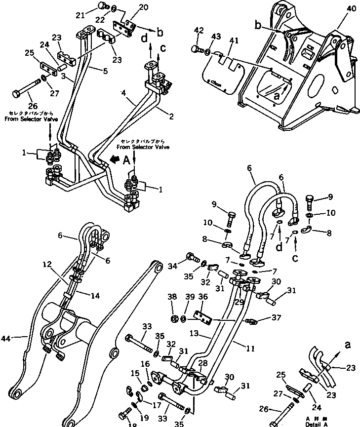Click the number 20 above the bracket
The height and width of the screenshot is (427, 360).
129,7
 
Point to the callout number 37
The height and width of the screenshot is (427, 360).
265,317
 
